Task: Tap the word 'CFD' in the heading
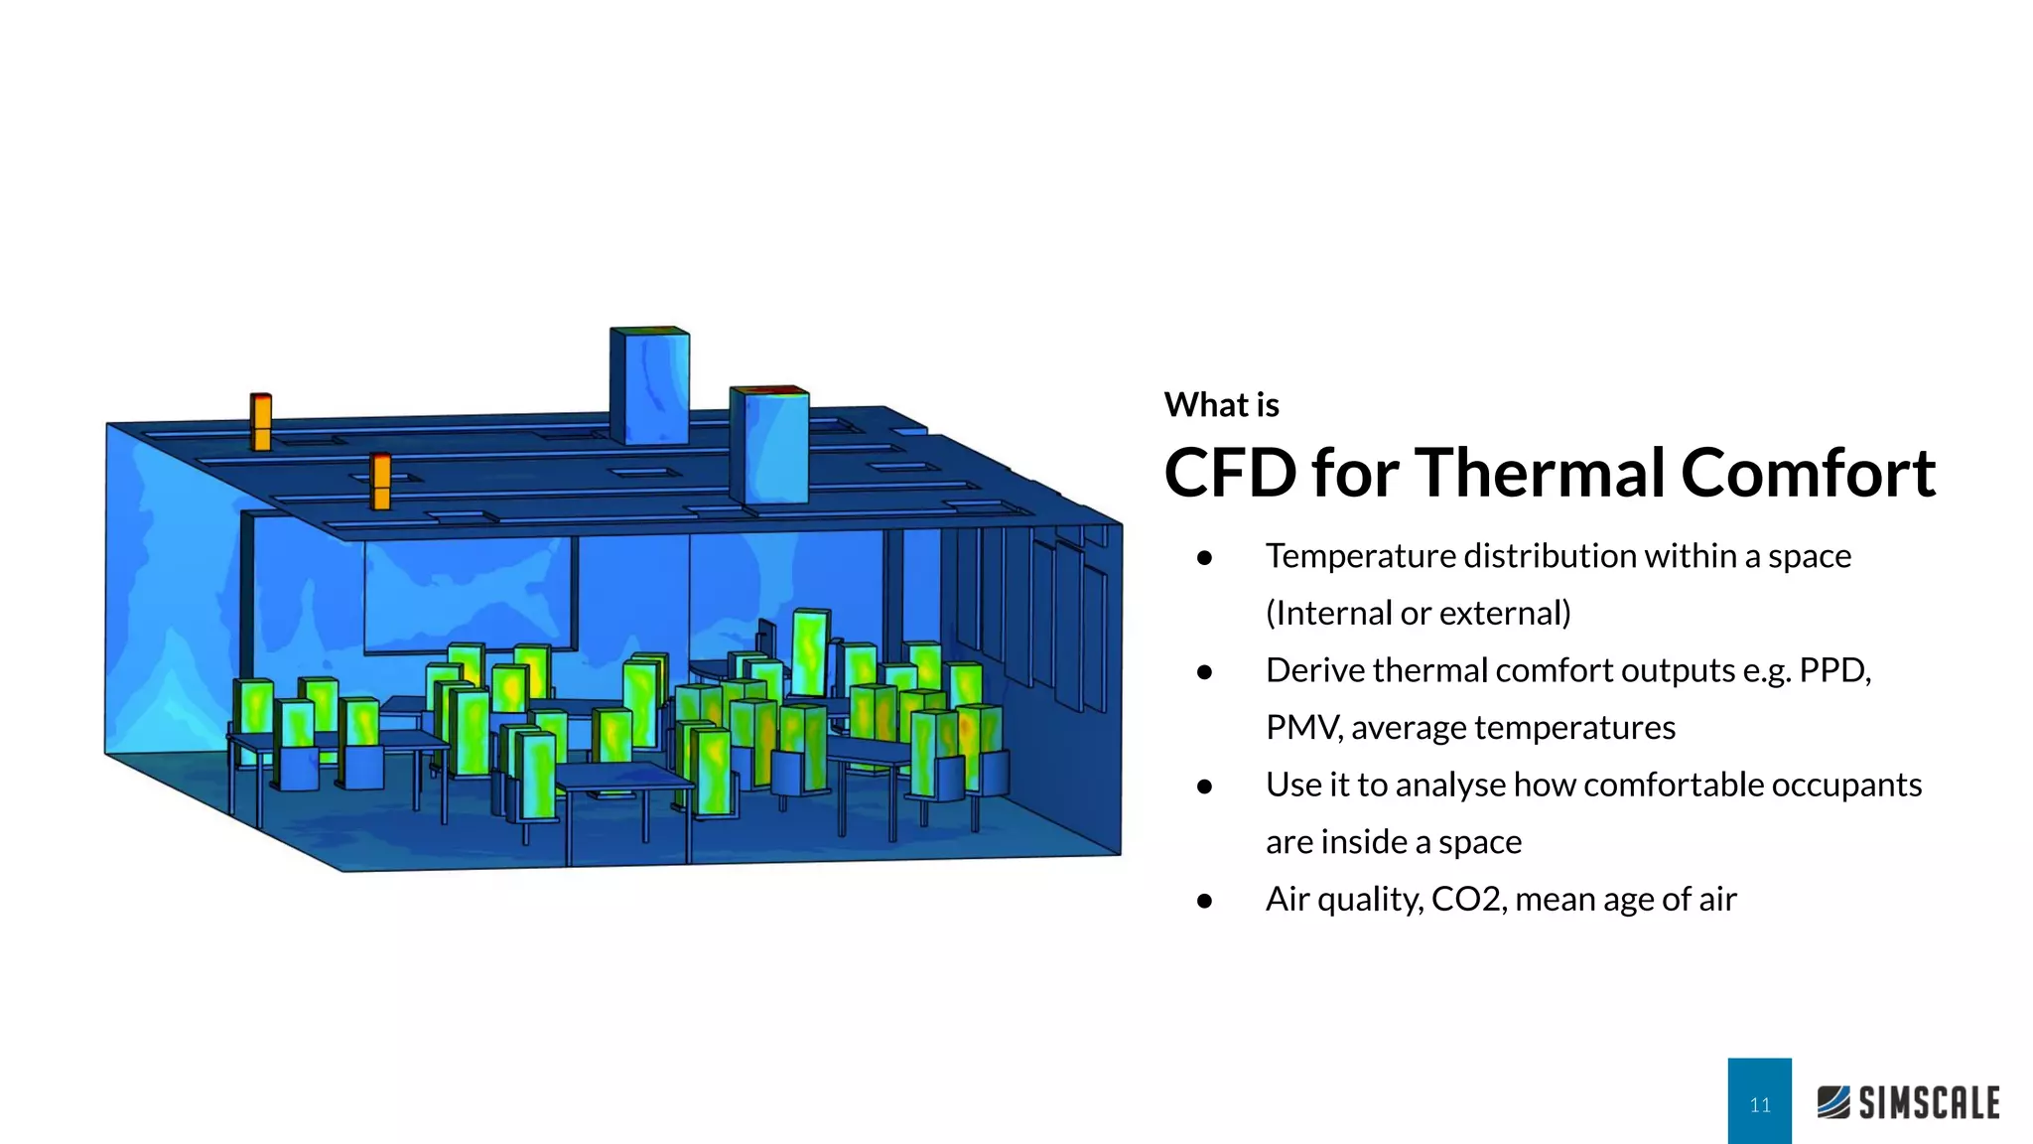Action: pyautogui.click(x=1229, y=473)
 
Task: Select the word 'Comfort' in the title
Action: pyautogui.click(x=1808, y=473)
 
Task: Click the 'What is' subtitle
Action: pyautogui.click(x=1221, y=405)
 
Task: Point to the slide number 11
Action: pyautogui.click(x=1759, y=1105)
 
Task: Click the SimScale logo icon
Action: pyautogui.click(x=1833, y=1102)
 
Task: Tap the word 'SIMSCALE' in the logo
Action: pyautogui.click(x=1929, y=1103)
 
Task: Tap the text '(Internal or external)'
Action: pyautogui.click(x=1418, y=614)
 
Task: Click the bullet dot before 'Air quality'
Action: pyautogui.click(x=1205, y=901)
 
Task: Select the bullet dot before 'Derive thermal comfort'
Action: pyautogui.click(x=1205, y=672)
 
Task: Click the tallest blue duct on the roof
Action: pyautogui.click(x=649, y=385)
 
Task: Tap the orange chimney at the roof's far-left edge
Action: pyautogui.click(x=261, y=422)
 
